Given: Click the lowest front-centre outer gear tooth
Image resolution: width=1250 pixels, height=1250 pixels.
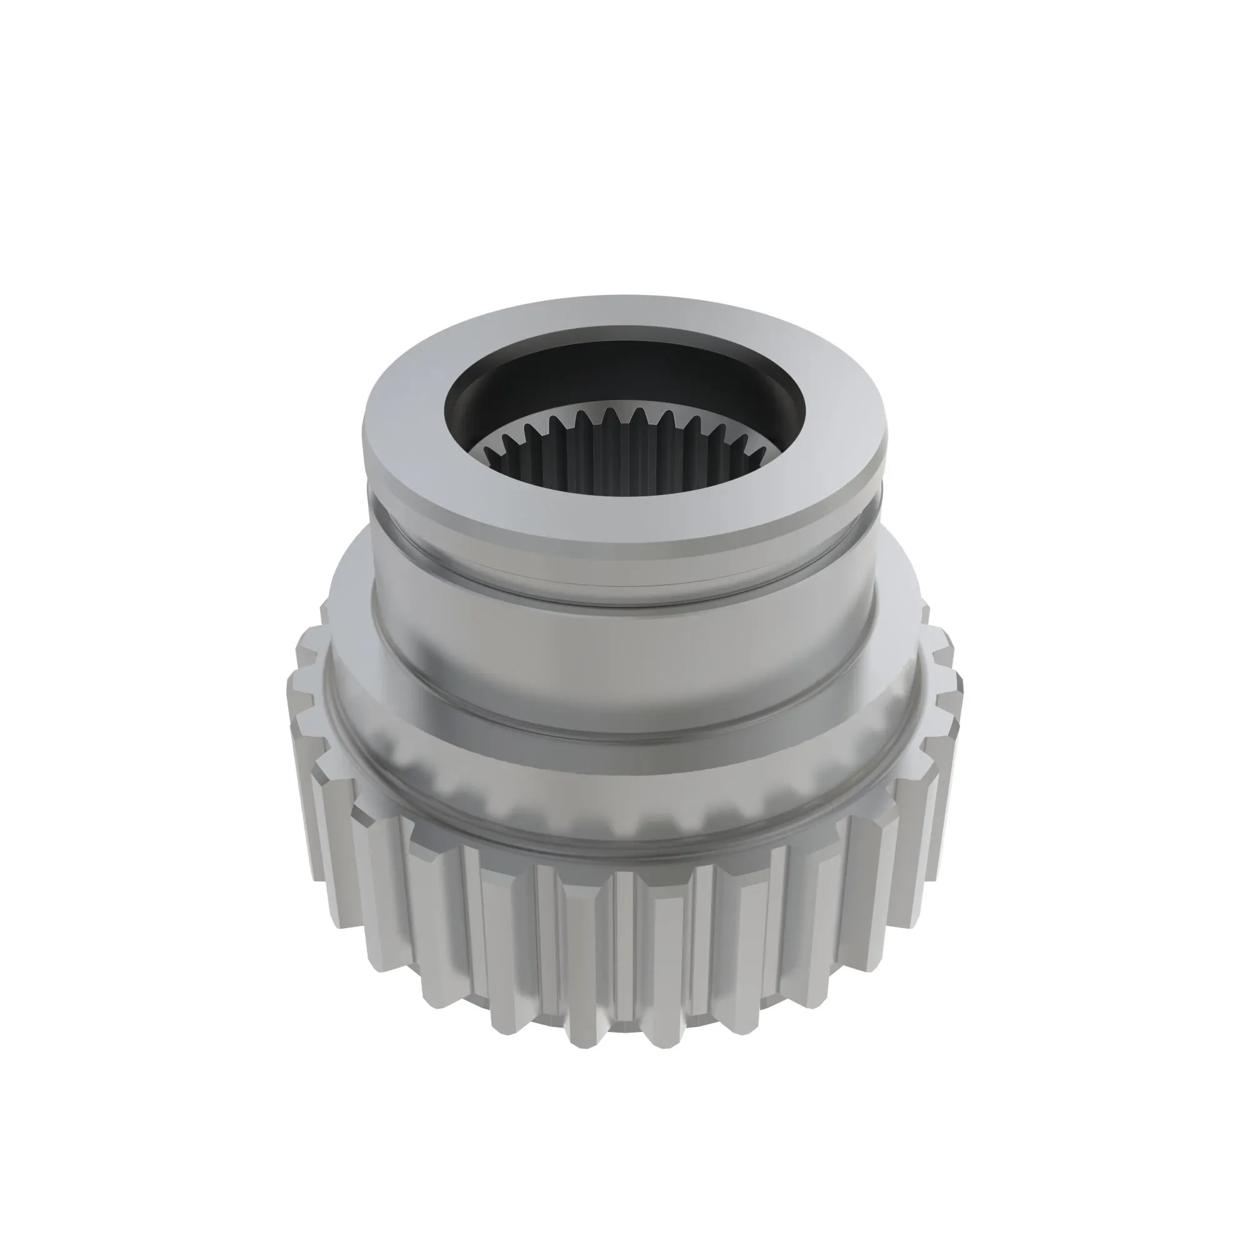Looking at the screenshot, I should click(x=624, y=957).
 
